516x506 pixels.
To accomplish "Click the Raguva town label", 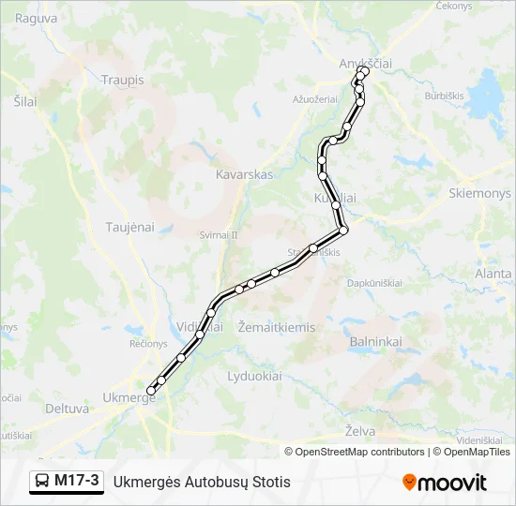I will point(36,18).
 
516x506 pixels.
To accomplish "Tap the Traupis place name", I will point(122,81).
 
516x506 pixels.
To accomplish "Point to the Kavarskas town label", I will point(244,175).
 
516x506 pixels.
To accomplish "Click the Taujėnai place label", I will point(129,227).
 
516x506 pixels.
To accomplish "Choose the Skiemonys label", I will point(480,193).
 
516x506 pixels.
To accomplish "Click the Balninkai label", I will point(375,342).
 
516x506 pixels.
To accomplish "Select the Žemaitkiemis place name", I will point(277,327).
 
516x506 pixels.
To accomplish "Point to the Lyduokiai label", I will point(254,376).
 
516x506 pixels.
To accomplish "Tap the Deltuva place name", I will point(67,409).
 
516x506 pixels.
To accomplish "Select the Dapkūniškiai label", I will point(374,282).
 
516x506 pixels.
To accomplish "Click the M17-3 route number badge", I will point(76,482).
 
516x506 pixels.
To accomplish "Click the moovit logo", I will point(445,483).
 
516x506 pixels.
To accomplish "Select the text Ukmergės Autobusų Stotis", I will point(202,483).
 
